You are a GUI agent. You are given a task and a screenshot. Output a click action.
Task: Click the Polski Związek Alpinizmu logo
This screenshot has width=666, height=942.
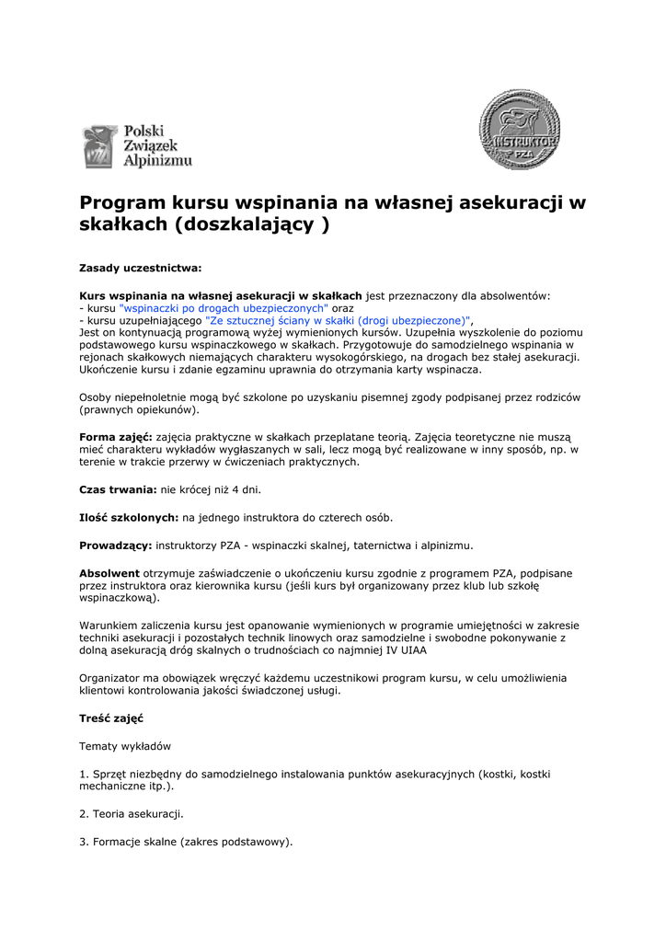point(138,147)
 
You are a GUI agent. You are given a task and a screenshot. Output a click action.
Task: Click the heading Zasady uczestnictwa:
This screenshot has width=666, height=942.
point(140,269)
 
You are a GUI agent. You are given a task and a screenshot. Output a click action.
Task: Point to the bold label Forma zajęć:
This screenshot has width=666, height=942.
point(116,437)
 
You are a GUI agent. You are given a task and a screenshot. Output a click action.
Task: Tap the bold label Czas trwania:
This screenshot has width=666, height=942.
point(119,490)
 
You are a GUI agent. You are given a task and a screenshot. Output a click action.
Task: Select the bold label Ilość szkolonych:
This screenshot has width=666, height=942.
point(129,518)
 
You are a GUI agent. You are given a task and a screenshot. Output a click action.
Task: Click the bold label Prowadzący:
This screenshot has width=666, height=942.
point(116,546)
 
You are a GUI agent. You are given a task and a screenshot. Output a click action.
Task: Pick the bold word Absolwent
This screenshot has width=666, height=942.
point(109,572)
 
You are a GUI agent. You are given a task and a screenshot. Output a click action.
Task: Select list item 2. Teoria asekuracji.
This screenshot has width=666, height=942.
point(132,814)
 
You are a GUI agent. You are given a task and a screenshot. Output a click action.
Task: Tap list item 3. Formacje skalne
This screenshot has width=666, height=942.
point(186,842)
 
